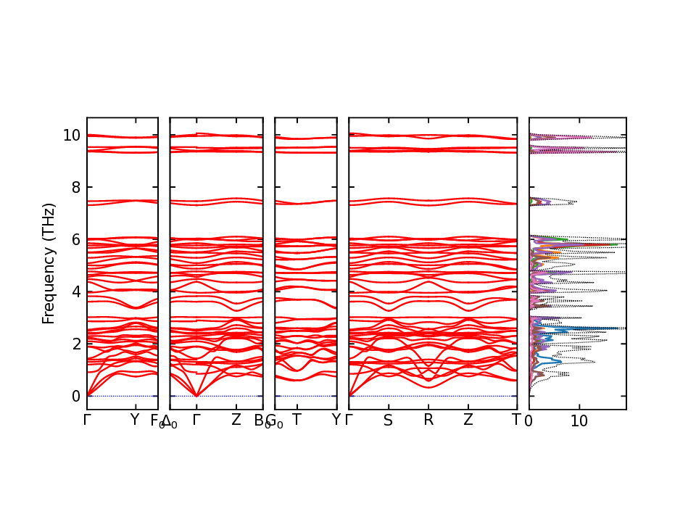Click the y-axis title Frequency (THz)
coord(49,263)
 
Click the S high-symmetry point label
coord(388,420)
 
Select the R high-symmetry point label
coord(428,420)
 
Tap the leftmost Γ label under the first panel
coord(88,420)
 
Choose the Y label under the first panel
coord(134,420)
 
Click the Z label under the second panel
coord(236,420)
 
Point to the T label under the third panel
coord(296,420)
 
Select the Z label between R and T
coord(468,420)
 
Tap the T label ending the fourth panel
coord(516,420)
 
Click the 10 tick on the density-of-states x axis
coord(579,420)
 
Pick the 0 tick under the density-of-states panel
coord(529,420)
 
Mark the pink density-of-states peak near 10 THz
coord(573,137)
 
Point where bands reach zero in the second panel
coord(196,395)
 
